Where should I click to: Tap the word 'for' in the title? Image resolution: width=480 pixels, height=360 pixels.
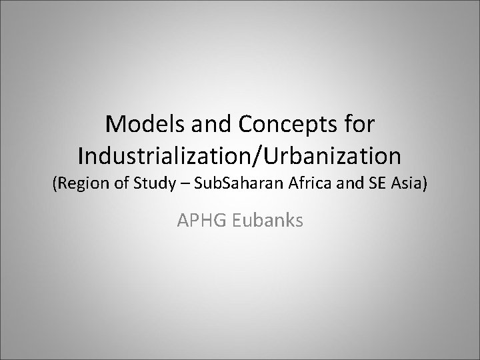[x=358, y=124]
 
